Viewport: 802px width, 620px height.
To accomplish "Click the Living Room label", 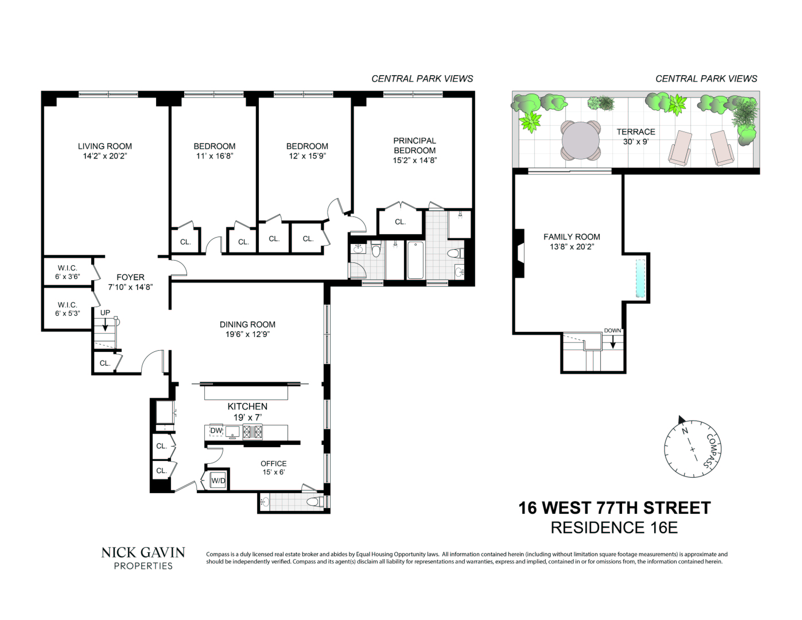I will tap(105, 146).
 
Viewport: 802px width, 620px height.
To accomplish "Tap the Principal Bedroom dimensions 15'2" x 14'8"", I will tap(415, 160).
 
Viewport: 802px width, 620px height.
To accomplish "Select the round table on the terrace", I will tap(580, 140).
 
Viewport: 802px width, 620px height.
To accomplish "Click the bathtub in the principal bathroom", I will tap(415, 260).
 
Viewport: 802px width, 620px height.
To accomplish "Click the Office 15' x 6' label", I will tap(273, 468).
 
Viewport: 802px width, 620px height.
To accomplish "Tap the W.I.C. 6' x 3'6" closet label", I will tap(67, 272).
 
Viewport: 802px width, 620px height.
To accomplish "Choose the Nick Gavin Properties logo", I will tap(143, 557).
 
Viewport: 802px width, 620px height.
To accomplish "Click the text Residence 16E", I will tap(614, 528).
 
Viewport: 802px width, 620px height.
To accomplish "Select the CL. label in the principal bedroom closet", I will tap(400, 222).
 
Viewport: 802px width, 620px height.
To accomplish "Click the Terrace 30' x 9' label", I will tap(635, 136).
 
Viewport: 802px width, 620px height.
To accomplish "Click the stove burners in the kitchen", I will tap(253, 432).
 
